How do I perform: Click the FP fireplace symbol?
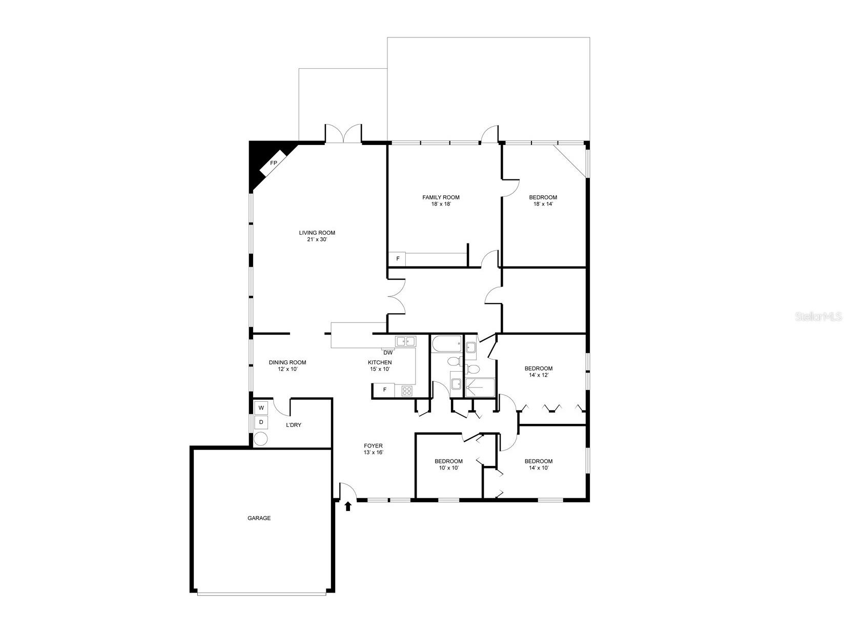point(273,163)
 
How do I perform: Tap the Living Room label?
point(317,233)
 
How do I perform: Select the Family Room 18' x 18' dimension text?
point(441,204)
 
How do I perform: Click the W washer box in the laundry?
point(261,408)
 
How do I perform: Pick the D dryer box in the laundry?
point(261,422)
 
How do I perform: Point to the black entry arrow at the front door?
point(348,506)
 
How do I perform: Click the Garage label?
point(259,518)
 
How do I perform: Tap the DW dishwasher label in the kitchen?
point(388,353)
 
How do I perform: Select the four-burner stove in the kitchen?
point(406,391)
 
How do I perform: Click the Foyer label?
point(373,446)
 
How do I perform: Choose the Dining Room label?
point(287,362)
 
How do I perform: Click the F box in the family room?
point(397,259)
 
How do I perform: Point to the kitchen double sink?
point(405,341)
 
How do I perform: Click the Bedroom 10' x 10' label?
point(448,461)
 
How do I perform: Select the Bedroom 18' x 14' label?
point(543,197)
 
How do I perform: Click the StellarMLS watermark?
point(818,317)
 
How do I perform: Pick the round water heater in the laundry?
point(261,439)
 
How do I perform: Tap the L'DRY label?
point(293,425)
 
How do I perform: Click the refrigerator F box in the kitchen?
point(385,391)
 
